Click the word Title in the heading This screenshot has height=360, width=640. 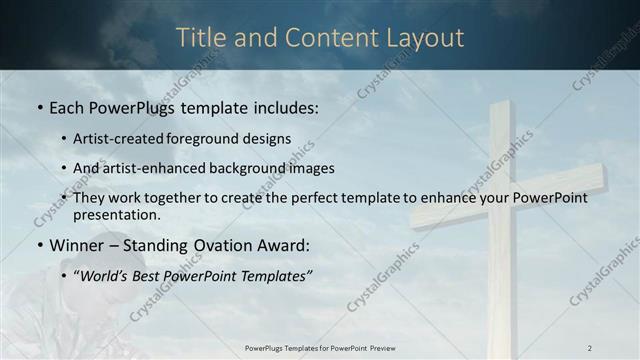point(200,38)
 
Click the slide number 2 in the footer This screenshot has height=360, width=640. point(590,347)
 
